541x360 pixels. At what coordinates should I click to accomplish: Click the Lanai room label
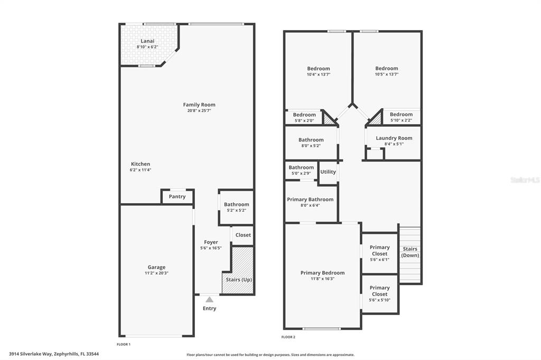coord(147,41)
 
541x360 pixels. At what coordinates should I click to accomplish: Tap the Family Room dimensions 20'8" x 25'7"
coord(199,111)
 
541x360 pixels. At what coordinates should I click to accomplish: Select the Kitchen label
coord(141,164)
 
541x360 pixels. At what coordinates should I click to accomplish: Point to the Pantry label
coord(177,196)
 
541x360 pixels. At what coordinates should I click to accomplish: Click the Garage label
coord(156,267)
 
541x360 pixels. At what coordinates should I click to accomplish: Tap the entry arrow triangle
coord(209,300)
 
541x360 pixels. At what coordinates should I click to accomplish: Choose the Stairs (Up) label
coord(239,279)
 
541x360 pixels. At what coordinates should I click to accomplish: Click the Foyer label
coord(211,242)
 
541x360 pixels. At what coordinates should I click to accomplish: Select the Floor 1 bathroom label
coord(236,204)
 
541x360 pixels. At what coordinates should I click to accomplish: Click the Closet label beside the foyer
coord(243,235)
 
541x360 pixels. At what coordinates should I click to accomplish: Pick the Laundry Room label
coord(394,138)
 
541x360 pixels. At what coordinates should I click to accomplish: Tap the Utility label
coord(328,172)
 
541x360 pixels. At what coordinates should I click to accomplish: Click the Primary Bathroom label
coord(310,200)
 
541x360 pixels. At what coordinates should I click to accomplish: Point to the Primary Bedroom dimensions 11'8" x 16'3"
coord(322,279)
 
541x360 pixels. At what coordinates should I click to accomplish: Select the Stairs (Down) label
coord(410,252)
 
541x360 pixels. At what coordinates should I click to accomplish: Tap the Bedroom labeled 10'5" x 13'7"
coord(386,68)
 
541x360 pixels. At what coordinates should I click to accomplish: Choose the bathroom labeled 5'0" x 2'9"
coord(301,167)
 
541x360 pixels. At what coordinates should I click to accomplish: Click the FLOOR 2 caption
coord(288,337)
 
